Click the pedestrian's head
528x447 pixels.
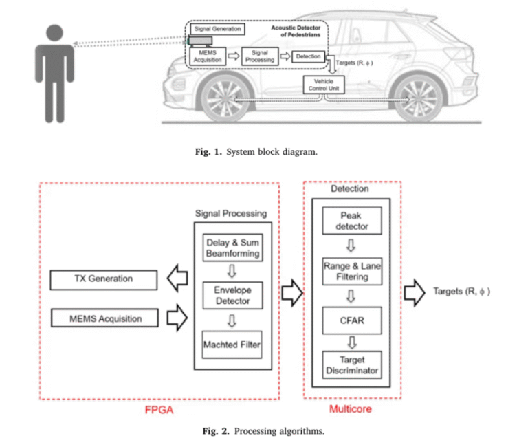54,34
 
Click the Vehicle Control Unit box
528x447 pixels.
324,85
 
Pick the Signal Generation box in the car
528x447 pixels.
217,30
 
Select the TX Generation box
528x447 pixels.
104,279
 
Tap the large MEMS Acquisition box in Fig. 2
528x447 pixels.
104,318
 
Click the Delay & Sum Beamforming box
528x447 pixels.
233,248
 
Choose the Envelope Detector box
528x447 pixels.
233,295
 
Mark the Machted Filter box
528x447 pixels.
233,344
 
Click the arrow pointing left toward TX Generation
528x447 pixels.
178,279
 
